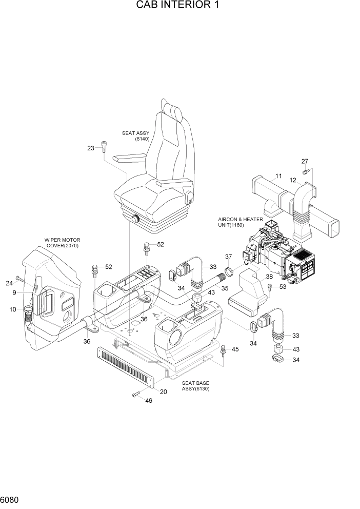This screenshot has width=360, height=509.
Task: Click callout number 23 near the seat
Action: (x=91, y=148)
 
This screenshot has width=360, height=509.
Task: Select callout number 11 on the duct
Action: (x=278, y=176)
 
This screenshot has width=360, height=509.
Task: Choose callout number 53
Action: (x=283, y=287)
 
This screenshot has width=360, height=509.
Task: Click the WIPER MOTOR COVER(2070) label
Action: (x=63, y=243)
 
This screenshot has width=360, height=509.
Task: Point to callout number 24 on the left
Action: (x=9, y=283)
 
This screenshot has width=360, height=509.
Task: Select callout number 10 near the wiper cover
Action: (x=13, y=309)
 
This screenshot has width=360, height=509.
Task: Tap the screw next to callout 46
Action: (x=136, y=394)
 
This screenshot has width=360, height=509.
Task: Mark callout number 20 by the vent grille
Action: (x=164, y=392)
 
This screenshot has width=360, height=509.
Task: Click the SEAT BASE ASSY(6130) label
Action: (x=195, y=386)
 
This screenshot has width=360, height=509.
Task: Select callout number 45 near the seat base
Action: (x=235, y=349)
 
